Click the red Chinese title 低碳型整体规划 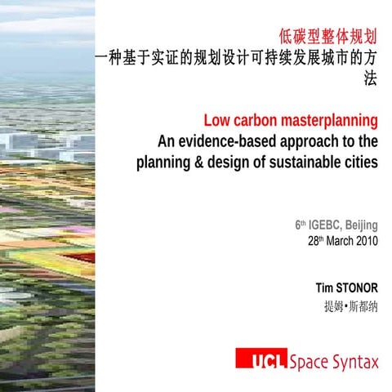pos(327,35)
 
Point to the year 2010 pos(363,242)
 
